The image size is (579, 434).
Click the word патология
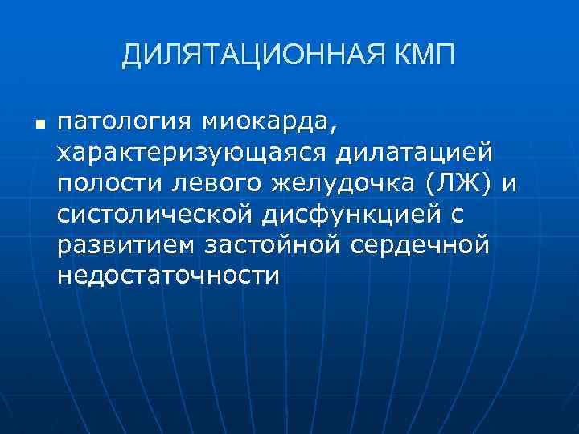click(x=125, y=123)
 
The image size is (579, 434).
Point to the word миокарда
click(x=265, y=123)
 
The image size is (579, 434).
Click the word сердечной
click(x=421, y=245)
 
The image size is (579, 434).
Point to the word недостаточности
click(x=167, y=276)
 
